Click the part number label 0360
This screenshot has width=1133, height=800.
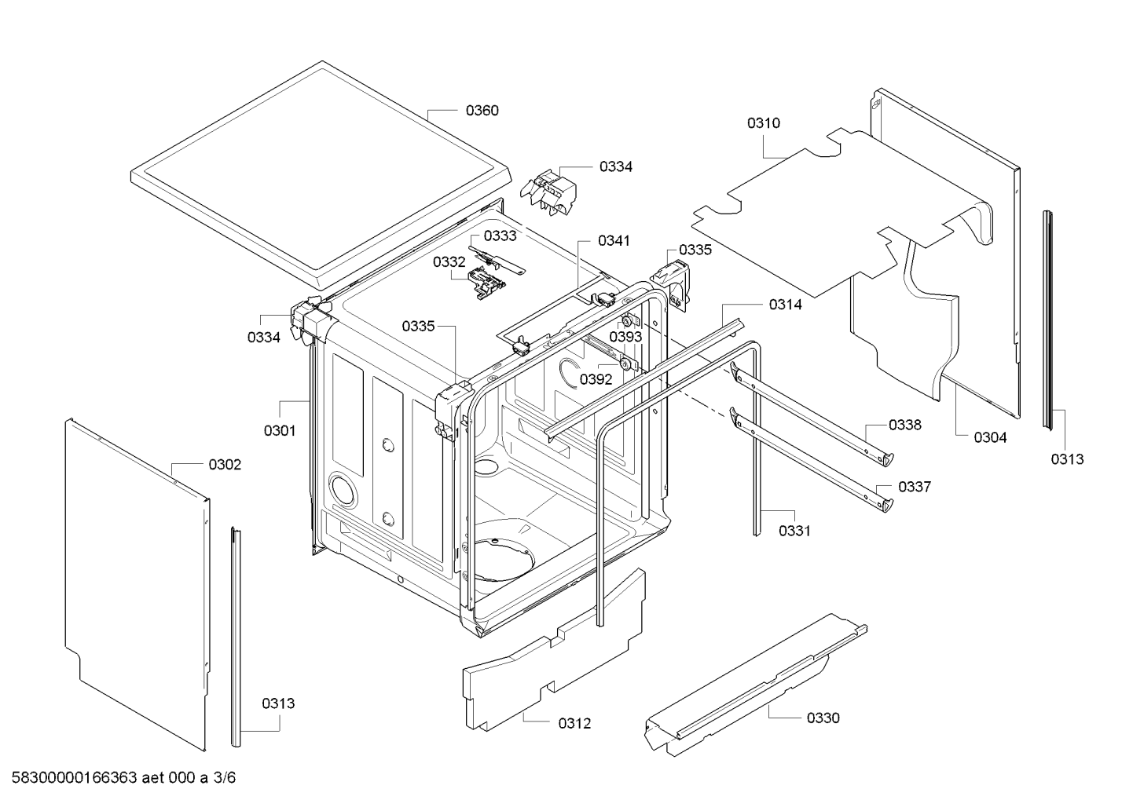point(482,110)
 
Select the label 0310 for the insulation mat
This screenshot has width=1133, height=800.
point(764,122)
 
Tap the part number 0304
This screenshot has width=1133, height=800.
point(990,437)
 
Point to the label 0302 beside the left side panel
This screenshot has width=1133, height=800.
point(225,464)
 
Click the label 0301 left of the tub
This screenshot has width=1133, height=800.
point(280,430)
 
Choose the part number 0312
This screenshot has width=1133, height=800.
point(574,723)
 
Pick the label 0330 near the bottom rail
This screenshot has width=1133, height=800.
point(823,718)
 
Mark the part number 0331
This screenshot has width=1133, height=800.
point(794,531)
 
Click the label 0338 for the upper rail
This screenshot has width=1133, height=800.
point(905,425)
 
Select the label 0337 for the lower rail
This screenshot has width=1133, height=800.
point(915,487)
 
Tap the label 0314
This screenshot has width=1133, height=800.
point(786,305)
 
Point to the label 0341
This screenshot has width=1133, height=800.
point(614,240)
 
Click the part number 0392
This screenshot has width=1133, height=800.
point(596,379)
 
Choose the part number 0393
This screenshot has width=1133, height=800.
point(625,337)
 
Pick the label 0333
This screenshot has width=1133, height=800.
point(500,236)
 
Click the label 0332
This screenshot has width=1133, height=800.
point(449,261)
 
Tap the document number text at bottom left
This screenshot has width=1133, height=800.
point(123,777)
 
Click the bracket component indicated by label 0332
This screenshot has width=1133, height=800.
point(486,284)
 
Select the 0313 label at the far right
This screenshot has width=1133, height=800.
point(1067,458)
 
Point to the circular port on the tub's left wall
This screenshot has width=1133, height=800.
point(343,488)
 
